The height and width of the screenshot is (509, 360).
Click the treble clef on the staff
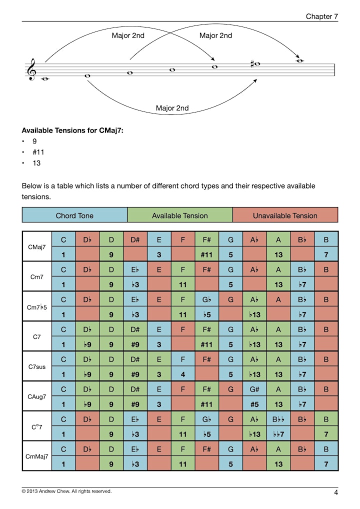(32, 69)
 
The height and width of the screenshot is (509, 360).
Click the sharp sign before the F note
(252, 64)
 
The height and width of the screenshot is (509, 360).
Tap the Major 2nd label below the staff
(172, 108)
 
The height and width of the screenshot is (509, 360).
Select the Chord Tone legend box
(74, 215)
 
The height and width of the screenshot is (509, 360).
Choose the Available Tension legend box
(180, 215)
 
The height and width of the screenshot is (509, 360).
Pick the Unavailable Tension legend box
(285, 215)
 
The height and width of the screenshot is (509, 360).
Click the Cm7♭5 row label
(37, 307)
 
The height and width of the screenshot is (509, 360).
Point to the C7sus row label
(37, 367)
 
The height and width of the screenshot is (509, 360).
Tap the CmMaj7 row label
(37, 456)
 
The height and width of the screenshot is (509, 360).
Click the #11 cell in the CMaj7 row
(207, 254)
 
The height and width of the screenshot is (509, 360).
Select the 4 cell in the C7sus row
(183, 374)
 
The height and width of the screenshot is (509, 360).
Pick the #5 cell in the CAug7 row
(255, 404)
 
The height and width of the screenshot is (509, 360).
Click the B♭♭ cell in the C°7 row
(278, 419)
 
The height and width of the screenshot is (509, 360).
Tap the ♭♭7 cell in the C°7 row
(278, 434)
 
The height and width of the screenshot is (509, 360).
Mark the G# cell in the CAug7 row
(255, 389)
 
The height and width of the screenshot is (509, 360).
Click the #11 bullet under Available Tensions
(38, 152)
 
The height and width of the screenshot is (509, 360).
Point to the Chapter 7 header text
(321, 16)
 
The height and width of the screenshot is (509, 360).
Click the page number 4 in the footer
(336, 492)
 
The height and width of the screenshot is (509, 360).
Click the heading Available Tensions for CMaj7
(72, 130)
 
